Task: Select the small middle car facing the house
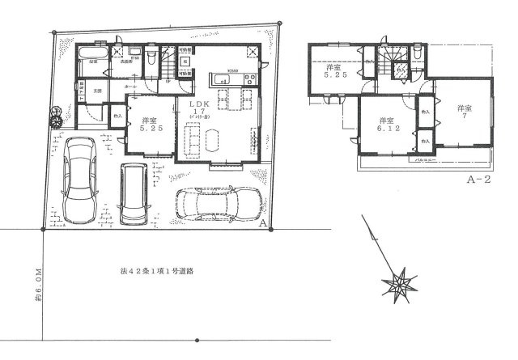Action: click(133, 194)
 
